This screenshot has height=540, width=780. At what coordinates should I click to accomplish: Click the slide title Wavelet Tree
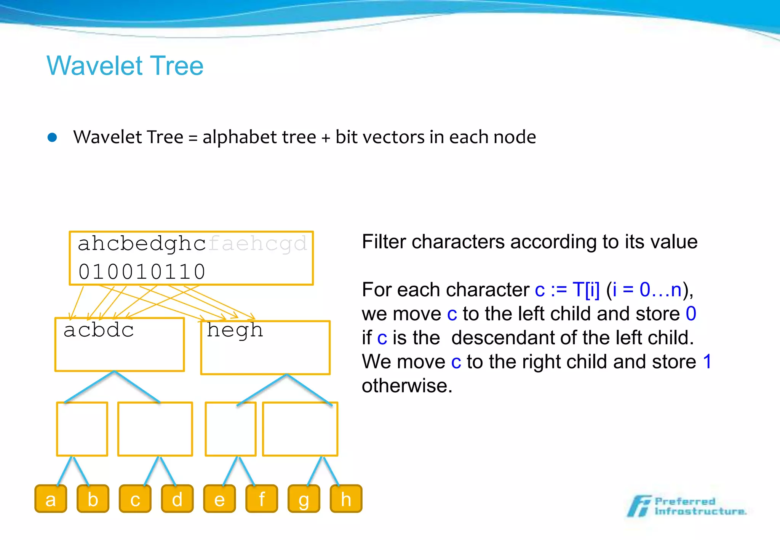[125, 66]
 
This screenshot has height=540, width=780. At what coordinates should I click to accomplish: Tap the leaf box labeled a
[51, 499]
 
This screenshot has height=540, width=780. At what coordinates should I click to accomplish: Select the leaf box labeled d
[177, 499]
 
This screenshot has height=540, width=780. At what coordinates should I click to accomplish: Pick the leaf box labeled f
[262, 499]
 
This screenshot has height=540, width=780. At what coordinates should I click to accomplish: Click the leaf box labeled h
[346, 499]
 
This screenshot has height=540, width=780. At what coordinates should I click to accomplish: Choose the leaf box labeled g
[304, 499]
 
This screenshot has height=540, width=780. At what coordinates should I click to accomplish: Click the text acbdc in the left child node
[99, 330]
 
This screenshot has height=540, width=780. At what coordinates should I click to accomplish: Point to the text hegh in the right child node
[235, 331]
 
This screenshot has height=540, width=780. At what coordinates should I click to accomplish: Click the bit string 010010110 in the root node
[142, 272]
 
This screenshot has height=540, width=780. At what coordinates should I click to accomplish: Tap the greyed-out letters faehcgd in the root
[258, 244]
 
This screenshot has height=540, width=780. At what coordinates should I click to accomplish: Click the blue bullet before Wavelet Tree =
[53, 137]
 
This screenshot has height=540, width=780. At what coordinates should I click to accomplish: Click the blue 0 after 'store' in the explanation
[691, 314]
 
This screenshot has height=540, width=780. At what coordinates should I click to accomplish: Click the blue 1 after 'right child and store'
[707, 361]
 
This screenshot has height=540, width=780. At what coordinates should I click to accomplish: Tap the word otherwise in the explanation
[407, 386]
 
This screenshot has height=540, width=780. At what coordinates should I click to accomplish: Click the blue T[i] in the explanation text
[586, 290]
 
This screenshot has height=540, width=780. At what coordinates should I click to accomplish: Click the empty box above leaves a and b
[82, 429]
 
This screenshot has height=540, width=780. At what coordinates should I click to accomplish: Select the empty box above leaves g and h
[300, 429]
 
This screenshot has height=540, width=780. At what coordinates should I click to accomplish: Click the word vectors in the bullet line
[393, 137]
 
